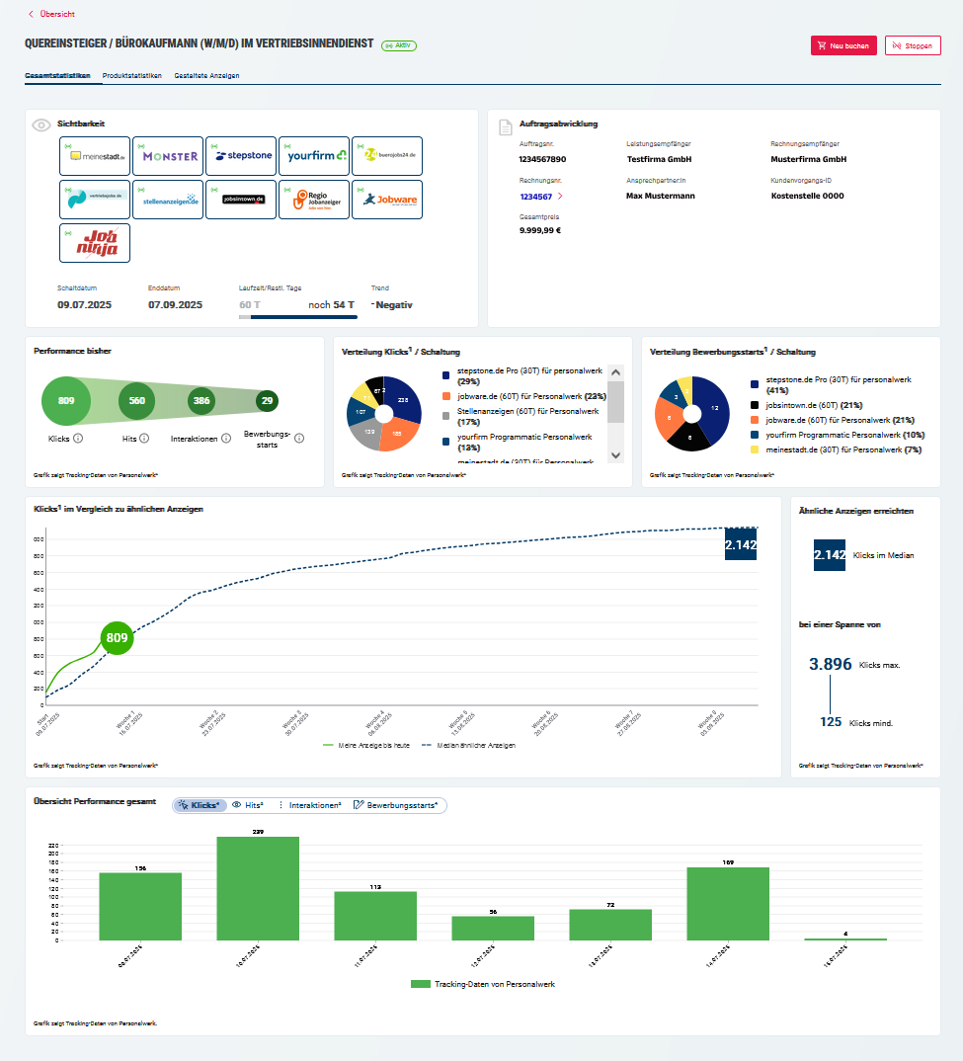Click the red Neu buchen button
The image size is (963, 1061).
pyautogui.click(x=843, y=45)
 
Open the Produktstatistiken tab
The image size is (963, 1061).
pyautogui.click(x=131, y=75)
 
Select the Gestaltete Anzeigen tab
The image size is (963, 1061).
pyautogui.click(x=206, y=75)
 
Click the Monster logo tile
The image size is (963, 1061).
pyautogui.click(x=168, y=156)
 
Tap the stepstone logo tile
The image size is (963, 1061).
pyautogui.click(x=241, y=156)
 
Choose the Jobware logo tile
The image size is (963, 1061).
pyautogui.click(x=386, y=200)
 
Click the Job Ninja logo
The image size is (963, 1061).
pyautogui.click(x=95, y=243)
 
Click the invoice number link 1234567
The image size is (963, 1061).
pyautogui.click(x=536, y=197)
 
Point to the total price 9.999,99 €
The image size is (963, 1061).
pyautogui.click(x=540, y=230)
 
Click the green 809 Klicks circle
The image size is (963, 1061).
pyautogui.click(x=66, y=401)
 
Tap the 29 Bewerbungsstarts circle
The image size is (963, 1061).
pyautogui.click(x=267, y=401)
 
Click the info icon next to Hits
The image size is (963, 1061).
pyautogui.click(x=144, y=438)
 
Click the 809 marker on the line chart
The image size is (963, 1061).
pyautogui.click(x=118, y=638)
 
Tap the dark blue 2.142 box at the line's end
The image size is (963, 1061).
pyautogui.click(x=741, y=544)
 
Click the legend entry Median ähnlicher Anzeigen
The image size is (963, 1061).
pyautogui.click(x=470, y=745)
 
